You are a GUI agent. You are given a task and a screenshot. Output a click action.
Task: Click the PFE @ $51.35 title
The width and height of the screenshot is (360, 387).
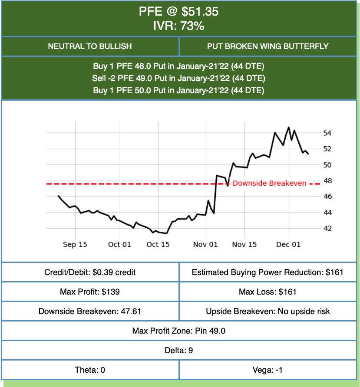(179, 11)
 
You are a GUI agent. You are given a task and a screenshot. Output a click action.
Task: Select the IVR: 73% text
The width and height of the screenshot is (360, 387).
(179, 26)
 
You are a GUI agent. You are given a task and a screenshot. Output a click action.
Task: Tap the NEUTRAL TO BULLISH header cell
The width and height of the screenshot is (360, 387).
(90, 46)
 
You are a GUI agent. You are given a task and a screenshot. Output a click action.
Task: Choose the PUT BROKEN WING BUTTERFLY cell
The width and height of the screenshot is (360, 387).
(268, 46)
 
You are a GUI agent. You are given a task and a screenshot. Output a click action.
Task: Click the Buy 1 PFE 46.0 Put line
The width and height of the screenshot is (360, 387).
(179, 66)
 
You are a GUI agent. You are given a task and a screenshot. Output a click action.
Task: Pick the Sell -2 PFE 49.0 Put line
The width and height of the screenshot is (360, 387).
(179, 79)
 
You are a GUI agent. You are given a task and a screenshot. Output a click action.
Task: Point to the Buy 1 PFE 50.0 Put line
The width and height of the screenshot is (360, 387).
(179, 91)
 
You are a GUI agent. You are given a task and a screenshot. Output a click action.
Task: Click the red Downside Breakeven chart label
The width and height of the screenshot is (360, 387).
(269, 183)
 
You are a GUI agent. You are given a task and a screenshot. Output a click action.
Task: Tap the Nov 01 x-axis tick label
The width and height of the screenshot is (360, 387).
(205, 245)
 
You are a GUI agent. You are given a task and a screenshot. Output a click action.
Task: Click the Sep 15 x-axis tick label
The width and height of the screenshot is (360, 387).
(75, 245)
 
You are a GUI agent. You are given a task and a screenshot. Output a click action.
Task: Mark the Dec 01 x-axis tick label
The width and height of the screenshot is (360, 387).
(288, 245)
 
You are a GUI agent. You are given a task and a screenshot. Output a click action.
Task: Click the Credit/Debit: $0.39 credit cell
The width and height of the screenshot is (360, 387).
(90, 272)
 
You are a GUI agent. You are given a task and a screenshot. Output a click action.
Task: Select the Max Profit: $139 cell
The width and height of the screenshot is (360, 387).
(90, 292)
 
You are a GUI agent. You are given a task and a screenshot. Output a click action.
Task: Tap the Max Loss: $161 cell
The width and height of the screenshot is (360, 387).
(268, 292)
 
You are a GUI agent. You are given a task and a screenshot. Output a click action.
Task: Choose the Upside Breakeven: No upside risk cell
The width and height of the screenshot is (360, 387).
(268, 312)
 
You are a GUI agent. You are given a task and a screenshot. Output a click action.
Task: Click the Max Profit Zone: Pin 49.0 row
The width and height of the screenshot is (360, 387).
(179, 331)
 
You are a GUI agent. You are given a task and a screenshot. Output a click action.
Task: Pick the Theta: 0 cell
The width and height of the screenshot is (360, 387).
(90, 370)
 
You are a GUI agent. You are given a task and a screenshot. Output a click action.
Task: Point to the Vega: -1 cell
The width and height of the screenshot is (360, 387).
(268, 370)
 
